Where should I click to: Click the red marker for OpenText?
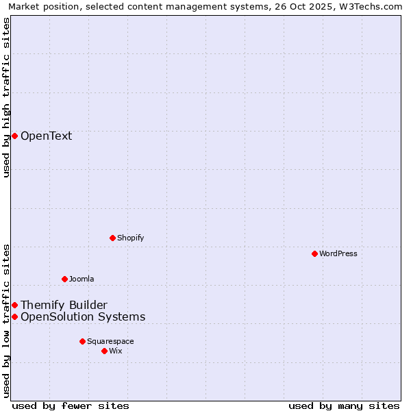tap(14, 136)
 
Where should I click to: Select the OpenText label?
tap(46, 136)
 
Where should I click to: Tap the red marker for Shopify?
tap(112, 238)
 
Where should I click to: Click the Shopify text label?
tap(130, 238)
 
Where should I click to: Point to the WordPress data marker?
tap(314, 253)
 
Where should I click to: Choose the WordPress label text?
tap(338, 253)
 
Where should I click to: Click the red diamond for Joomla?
tap(64, 279)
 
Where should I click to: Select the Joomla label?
tap(82, 279)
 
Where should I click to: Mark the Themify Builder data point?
tap(14, 305)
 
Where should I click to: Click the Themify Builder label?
tap(64, 305)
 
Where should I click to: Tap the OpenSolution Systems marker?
tap(14, 316)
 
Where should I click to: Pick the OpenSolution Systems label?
tap(83, 316)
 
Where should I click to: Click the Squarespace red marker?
tap(82, 341)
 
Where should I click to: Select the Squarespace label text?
tap(110, 341)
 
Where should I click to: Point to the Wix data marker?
tap(104, 351)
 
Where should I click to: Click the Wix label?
tap(116, 351)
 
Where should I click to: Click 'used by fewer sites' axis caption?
tap(71, 406)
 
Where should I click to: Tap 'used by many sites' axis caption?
tap(344, 406)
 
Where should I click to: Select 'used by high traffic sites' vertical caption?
tap(6, 97)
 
